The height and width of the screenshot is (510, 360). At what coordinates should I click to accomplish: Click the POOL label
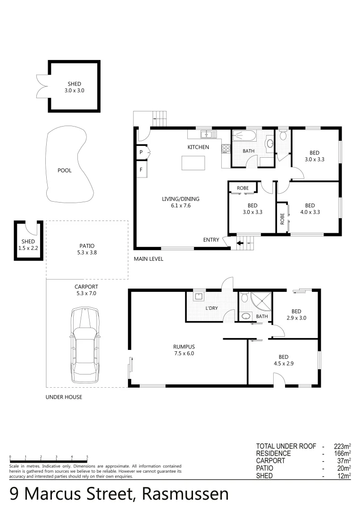click(x=64, y=170)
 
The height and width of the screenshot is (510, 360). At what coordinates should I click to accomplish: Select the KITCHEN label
click(x=198, y=147)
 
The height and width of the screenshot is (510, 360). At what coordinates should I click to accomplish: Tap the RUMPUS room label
click(x=184, y=346)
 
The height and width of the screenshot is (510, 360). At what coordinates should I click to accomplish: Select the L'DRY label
click(x=211, y=307)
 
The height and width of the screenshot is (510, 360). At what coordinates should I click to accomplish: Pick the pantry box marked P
click(x=141, y=152)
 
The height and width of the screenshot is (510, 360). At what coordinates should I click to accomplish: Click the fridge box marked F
click(x=141, y=169)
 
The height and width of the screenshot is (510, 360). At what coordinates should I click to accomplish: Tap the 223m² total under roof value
click(x=341, y=446)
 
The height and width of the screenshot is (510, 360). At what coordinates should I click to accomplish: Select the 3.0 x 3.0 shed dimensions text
click(x=75, y=90)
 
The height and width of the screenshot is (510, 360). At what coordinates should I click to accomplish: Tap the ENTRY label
click(x=211, y=240)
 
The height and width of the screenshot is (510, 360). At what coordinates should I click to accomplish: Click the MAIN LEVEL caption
click(x=148, y=259)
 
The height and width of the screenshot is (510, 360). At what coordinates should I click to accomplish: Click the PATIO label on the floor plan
click(x=87, y=246)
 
